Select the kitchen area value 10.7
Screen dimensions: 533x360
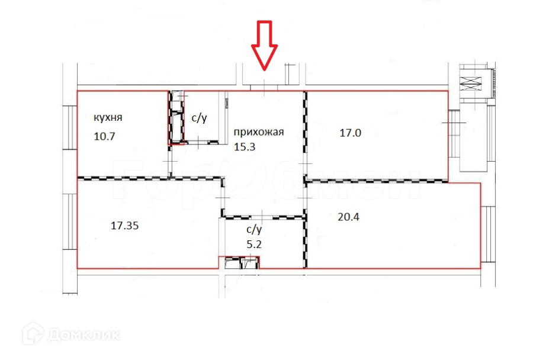tap(104, 136)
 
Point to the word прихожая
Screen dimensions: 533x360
tap(259, 132)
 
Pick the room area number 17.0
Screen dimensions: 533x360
tap(349, 133)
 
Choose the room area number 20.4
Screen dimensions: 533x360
tap(348, 217)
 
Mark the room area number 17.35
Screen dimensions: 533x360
tap(125, 225)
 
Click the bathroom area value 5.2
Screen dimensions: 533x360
tap(253, 243)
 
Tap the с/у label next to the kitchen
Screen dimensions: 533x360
tap(199, 118)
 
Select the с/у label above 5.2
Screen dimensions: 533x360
tap(253, 229)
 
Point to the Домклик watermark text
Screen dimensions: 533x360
tap(84, 335)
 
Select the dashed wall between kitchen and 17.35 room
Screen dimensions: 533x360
tap(124, 178)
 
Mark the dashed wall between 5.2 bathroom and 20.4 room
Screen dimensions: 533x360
tap(305, 243)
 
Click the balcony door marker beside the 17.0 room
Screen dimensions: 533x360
tap(452, 123)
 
